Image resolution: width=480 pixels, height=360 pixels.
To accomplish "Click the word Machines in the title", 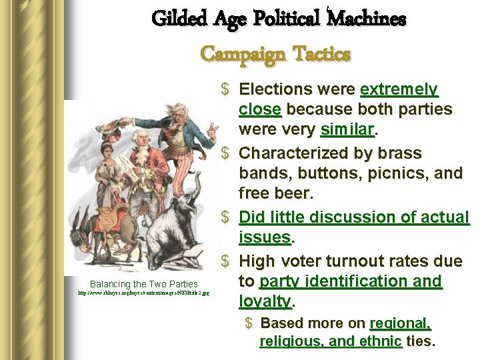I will pyautogui.click(x=366, y=19).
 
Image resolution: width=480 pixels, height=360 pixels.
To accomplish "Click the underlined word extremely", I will pyautogui.click(x=399, y=89).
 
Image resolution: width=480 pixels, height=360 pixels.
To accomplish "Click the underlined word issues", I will pyautogui.click(x=265, y=238).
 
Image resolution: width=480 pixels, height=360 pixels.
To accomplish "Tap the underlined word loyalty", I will pyautogui.click(x=265, y=302).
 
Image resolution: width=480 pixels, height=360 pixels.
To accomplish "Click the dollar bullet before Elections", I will pyautogui.click(x=227, y=89).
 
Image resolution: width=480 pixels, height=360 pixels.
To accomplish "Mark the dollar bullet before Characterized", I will pyautogui.click(x=227, y=153).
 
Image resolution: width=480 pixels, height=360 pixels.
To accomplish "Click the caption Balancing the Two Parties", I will pyautogui.click(x=143, y=284).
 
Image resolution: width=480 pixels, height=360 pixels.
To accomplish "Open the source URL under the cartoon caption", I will pyautogui.click(x=143, y=293).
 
